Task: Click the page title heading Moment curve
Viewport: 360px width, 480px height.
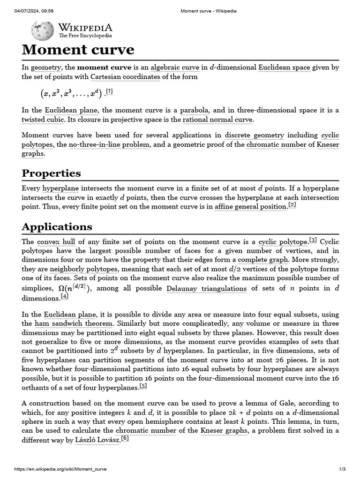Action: [x=78, y=50]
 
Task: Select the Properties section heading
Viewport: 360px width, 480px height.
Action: [x=51, y=173]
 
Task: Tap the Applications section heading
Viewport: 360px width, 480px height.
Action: [x=57, y=227]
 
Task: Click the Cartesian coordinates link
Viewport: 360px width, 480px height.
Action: [x=125, y=77]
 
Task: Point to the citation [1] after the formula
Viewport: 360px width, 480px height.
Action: [x=109, y=91]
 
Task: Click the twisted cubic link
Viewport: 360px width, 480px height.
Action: [x=43, y=120]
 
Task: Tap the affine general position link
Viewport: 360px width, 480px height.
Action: [x=250, y=207]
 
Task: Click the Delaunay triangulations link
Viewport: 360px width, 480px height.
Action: [x=206, y=288]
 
